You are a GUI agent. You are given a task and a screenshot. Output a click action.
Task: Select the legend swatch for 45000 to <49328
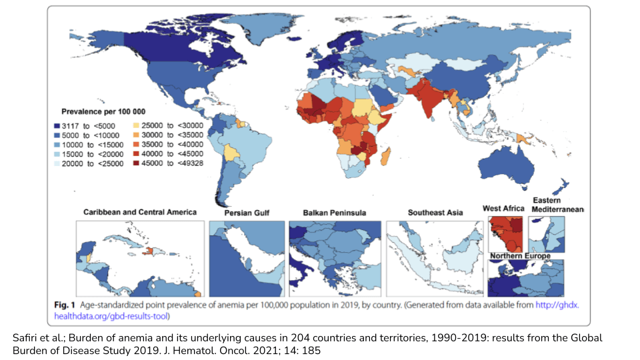pos(137,162)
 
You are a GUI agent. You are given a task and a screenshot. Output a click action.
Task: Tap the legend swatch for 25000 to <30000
pos(137,125)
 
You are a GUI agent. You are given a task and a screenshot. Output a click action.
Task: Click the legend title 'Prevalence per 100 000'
pos(103,111)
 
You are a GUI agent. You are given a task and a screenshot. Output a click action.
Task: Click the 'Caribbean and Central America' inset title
pos(140,212)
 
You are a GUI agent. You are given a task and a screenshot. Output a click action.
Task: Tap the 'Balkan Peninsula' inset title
pos(334,213)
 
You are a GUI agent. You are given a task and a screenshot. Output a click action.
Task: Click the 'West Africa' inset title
pos(503,209)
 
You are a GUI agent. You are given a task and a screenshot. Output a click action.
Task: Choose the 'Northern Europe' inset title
pos(520,256)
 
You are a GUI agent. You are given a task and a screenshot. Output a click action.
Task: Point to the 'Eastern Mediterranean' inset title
pos(558,205)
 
